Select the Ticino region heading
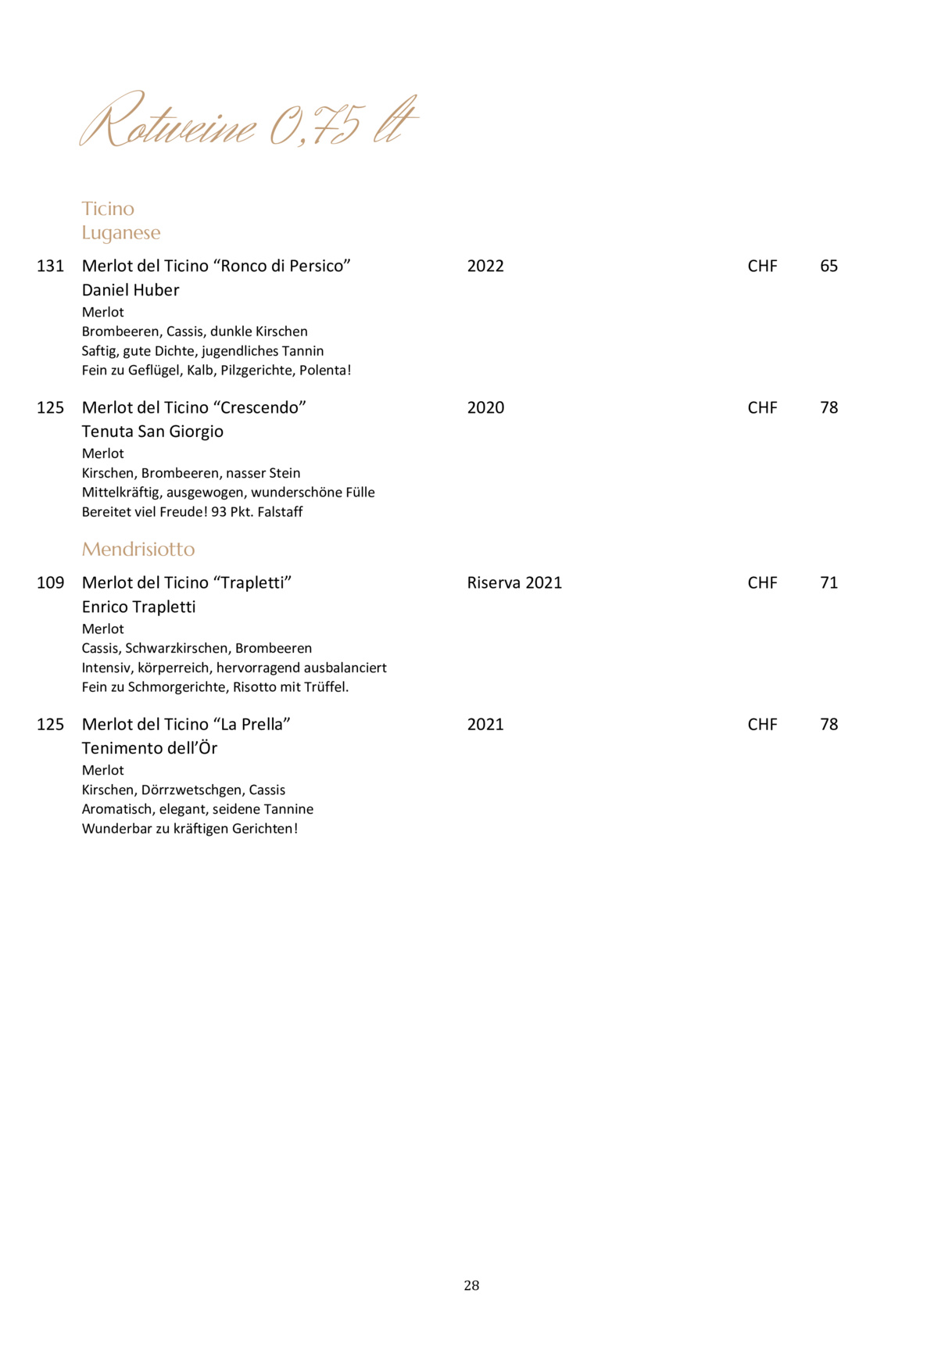click(108, 209)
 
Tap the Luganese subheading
click(121, 233)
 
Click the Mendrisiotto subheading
click(138, 550)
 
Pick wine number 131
click(51, 267)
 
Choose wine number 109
click(51, 583)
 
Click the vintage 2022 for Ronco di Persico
click(485, 267)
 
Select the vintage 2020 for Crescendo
click(485, 408)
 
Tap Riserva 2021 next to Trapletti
click(514, 583)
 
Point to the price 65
click(829, 267)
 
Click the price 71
click(829, 583)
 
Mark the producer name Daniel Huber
click(131, 291)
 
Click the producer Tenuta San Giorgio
click(152, 432)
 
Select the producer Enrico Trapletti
click(138, 607)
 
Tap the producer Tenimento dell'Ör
click(149, 749)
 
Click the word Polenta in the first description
click(322, 371)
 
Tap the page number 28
click(471, 1285)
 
